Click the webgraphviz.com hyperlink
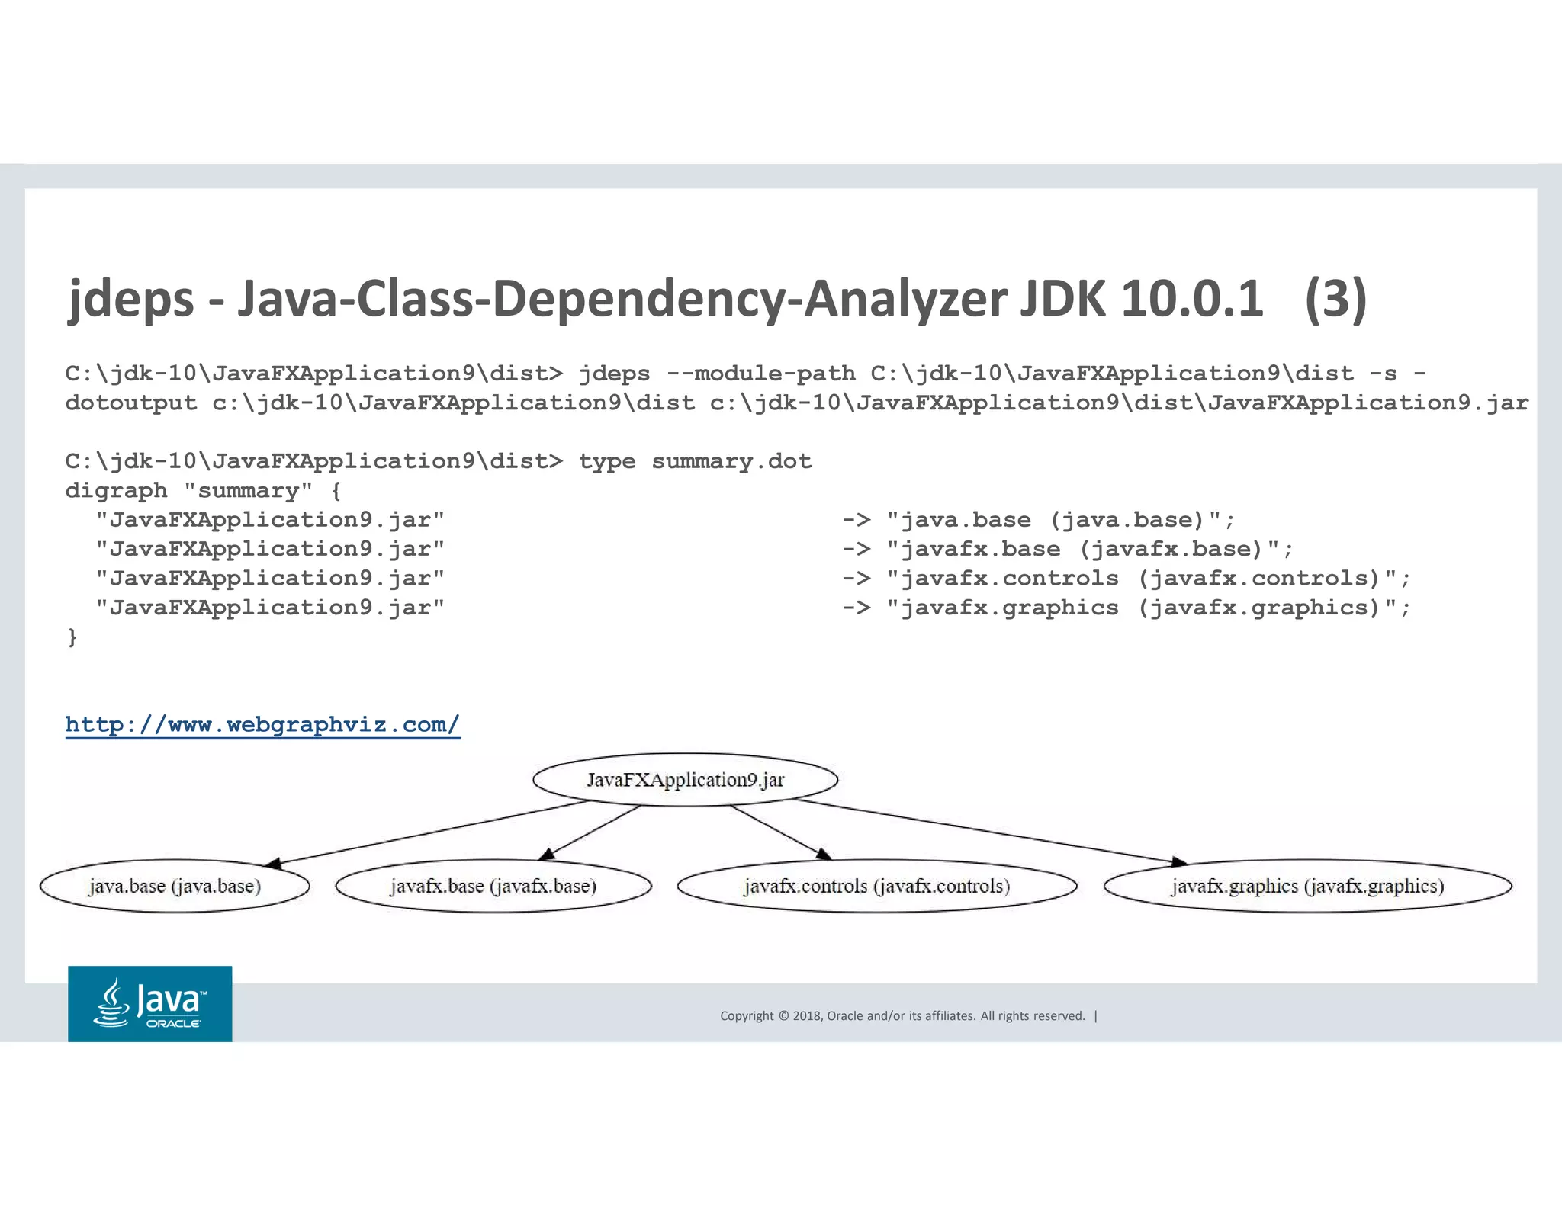(x=262, y=724)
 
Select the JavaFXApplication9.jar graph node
(x=685, y=780)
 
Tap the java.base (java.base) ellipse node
(x=175, y=886)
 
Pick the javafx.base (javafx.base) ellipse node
(x=493, y=886)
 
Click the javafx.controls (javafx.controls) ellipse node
(x=877, y=886)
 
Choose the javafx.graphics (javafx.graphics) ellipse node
(x=1307, y=886)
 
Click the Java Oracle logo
(x=150, y=1003)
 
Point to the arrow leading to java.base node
(x=427, y=833)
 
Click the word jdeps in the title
(x=130, y=299)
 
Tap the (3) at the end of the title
(x=1335, y=299)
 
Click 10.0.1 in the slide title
(x=1191, y=299)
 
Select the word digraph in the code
(x=116, y=490)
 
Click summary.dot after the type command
(x=731, y=461)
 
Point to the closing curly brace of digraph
(x=72, y=637)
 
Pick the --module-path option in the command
(x=760, y=374)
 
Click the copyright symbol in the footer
(x=783, y=1015)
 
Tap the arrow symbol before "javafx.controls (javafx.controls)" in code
(x=856, y=579)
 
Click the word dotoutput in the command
(x=131, y=403)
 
